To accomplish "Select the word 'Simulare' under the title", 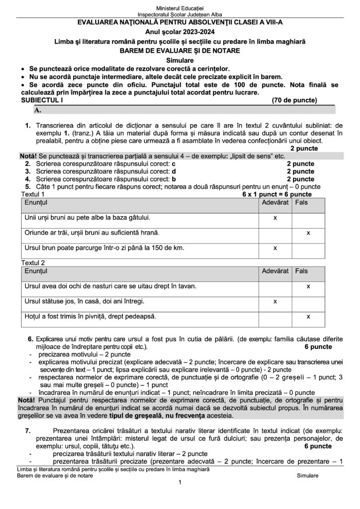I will (x=180, y=60).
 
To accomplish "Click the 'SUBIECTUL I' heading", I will (x=36, y=100).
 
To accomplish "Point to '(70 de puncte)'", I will (x=294, y=100).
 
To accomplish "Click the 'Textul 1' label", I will (x=30, y=194).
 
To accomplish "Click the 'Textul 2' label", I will (x=30, y=262).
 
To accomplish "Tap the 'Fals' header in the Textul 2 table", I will (x=301, y=271).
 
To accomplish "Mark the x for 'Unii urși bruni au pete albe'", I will (x=275, y=218).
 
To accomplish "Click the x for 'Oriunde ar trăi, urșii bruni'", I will (x=308, y=233).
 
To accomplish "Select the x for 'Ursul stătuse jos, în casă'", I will (x=275, y=301).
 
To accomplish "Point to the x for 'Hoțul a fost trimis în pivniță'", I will (x=308, y=316).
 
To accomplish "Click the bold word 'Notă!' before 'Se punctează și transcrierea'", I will (x=27, y=156).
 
